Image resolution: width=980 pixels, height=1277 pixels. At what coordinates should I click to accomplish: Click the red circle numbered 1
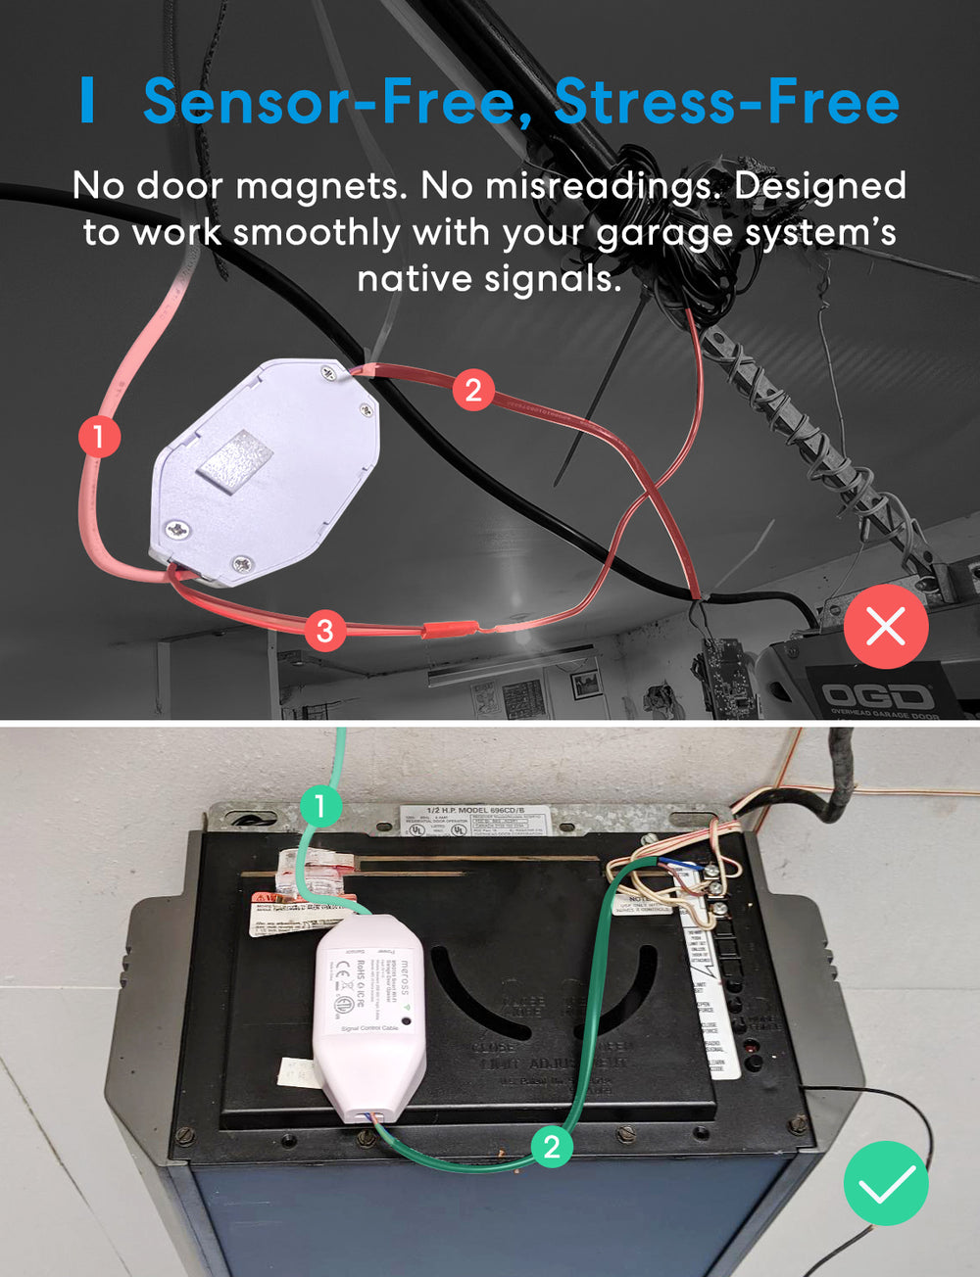click(99, 436)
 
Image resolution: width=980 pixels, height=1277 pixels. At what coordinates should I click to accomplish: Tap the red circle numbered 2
click(473, 390)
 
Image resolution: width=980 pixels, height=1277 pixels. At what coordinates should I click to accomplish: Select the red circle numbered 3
click(325, 630)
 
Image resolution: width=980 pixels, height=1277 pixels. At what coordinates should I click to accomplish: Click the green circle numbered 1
click(320, 807)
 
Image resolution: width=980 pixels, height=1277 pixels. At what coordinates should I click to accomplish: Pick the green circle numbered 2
click(552, 1147)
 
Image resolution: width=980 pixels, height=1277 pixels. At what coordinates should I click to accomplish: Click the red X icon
click(886, 627)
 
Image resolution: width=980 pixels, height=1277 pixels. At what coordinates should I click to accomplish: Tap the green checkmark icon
click(886, 1183)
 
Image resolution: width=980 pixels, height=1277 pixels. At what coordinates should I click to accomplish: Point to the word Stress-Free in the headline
click(726, 102)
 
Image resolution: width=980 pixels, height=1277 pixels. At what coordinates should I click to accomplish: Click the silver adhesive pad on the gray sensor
click(235, 457)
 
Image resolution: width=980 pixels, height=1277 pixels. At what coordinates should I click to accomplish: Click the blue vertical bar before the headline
click(88, 101)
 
